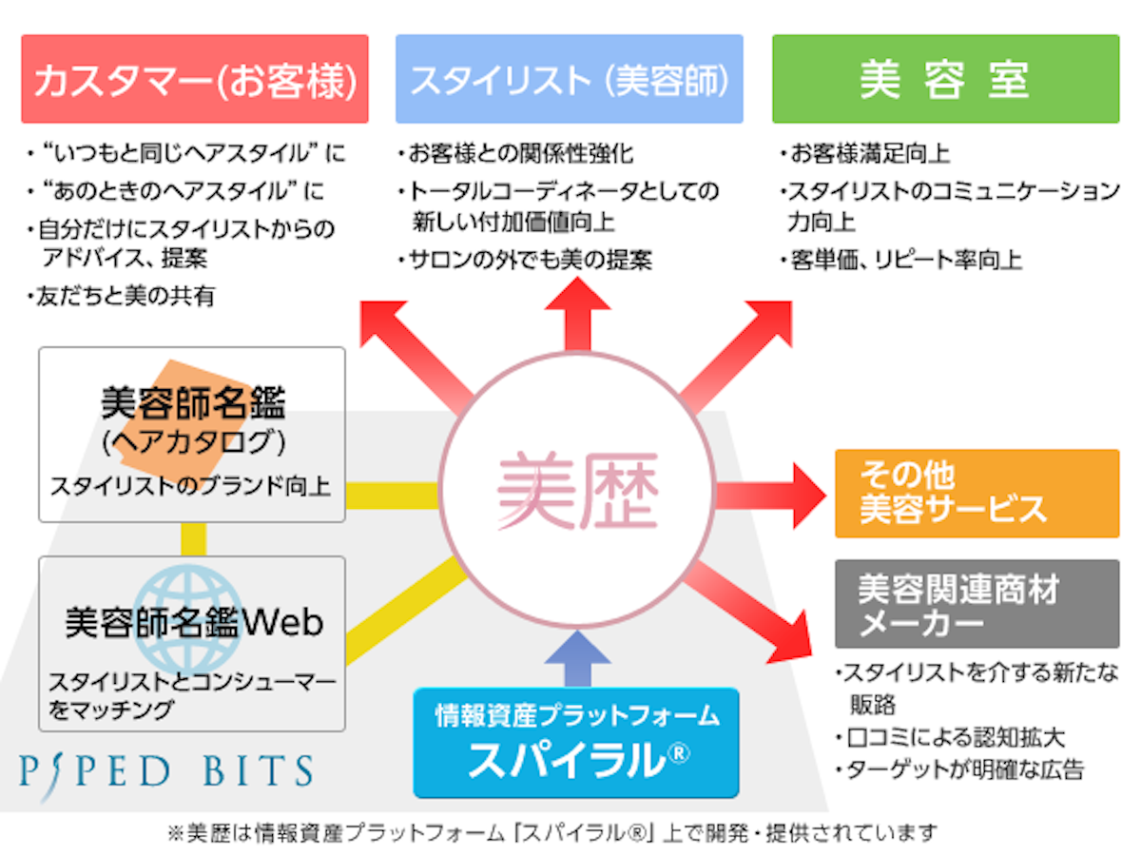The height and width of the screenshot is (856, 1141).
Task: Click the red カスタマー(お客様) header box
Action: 194,80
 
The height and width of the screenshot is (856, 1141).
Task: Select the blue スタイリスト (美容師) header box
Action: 569,80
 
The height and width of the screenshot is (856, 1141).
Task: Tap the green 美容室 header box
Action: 945,80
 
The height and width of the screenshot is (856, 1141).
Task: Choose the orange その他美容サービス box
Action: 977,493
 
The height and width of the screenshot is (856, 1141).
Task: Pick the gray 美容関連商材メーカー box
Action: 977,604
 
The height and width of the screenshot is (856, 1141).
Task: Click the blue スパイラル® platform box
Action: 576,742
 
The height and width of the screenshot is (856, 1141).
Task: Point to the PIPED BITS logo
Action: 165,770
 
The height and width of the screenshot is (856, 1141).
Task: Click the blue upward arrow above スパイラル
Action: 576,656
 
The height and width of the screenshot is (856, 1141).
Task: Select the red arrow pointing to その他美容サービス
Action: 770,493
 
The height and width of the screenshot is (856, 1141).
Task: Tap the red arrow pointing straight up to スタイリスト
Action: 576,314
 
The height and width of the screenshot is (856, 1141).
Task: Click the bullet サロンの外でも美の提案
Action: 529,260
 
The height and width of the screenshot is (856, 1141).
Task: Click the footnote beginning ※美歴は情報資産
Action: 551,833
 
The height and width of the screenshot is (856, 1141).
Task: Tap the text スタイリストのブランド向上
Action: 190,487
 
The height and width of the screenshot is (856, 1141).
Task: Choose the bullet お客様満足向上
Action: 869,153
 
